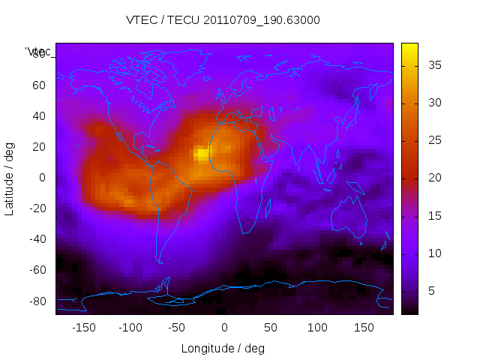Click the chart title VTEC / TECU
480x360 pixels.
point(223,20)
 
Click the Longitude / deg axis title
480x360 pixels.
point(223,348)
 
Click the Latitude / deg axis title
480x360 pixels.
point(10,177)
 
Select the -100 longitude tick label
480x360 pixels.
point(130,328)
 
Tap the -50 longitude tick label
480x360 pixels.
point(177,328)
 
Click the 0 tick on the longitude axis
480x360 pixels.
point(224,328)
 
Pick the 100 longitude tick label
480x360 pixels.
point(317,328)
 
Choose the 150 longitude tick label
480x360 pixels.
point(364,328)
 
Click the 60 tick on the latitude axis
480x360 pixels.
point(38,85)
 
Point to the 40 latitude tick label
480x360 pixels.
point(38,115)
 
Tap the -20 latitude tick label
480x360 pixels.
point(36,208)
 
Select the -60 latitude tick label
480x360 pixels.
point(36,270)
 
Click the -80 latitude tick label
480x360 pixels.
point(36,301)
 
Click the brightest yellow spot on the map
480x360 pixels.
point(202,154)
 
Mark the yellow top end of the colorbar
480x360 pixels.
point(409,47)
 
